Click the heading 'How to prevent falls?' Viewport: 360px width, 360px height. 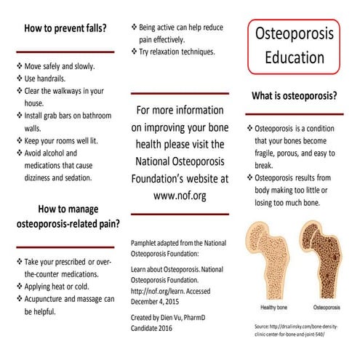coord(65,30)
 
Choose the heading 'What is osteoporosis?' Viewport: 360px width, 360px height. coord(294,95)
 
